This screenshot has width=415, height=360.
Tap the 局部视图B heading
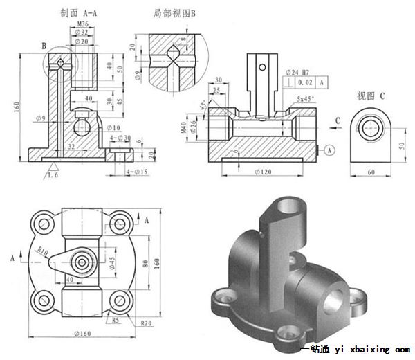(x=174, y=12)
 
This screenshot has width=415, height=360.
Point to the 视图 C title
(x=371, y=95)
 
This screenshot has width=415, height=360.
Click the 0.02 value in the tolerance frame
(x=302, y=82)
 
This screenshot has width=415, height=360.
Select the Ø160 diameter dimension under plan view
(x=84, y=336)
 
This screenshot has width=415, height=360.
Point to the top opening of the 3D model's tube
(x=286, y=205)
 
